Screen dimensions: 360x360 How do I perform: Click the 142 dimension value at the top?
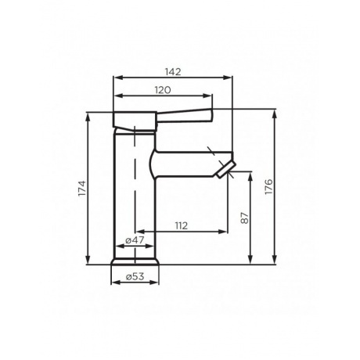(x=174, y=71)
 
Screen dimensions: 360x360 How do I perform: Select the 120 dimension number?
(x=163, y=91)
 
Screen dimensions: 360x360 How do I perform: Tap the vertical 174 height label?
(x=81, y=188)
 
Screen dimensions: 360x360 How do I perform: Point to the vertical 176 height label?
(x=268, y=187)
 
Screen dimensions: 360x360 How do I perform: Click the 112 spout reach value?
(x=181, y=226)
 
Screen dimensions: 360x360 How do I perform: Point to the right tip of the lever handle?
(x=211, y=115)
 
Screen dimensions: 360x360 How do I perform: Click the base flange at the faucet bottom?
(x=137, y=261)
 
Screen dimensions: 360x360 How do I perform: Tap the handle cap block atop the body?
(x=137, y=118)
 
